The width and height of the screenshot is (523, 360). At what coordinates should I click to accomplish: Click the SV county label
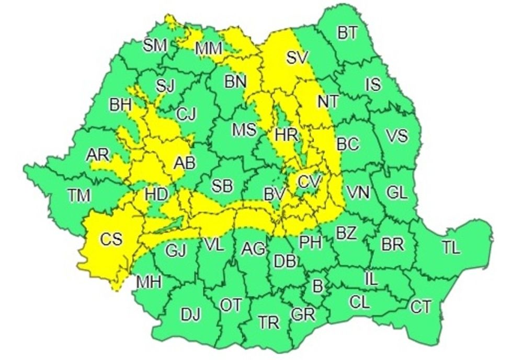pyautogui.click(x=298, y=57)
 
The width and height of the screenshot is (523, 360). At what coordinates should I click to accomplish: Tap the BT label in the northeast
pyautogui.click(x=347, y=33)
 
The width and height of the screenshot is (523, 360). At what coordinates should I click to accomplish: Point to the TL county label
pyautogui.click(x=451, y=248)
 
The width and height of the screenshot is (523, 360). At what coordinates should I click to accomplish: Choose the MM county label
pyautogui.click(x=209, y=49)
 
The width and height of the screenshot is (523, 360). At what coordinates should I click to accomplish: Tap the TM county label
pyautogui.click(x=79, y=196)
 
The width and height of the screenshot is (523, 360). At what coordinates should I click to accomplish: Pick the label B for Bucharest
pyautogui.click(x=316, y=286)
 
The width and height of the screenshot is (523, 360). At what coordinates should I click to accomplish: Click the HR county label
pyautogui.click(x=286, y=134)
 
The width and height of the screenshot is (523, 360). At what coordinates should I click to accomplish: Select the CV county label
pyautogui.click(x=309, y=182)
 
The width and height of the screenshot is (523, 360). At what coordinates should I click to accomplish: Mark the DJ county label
pyautogui.click(x=190, y=314)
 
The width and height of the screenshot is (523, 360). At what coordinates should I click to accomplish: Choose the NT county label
pyautogui.click(x=328, y=100)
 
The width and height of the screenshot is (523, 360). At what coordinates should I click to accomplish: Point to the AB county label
pyautogui.click(x=187, y=163)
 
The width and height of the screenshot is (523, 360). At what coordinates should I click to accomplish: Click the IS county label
pyautogui.click(x=373, y=84)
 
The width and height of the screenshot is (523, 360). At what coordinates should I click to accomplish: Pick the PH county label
pyautogui.click(x=311, y=241)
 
